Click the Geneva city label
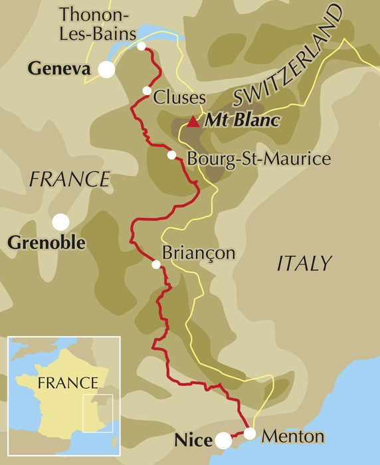[58, 68]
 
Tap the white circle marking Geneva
[106, 69]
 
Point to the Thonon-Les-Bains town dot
[142, 46]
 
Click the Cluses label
[179, 98]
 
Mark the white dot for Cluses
[146, 91]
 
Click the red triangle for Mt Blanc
[193, 122]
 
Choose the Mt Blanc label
[242, 121]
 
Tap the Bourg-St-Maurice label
[258, 159]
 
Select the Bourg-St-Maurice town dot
[171, 155]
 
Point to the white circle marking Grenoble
[61, 221]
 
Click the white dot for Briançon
[156, 264]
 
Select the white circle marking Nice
[224, 440]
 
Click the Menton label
[293, 436]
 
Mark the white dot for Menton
[250, 434]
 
